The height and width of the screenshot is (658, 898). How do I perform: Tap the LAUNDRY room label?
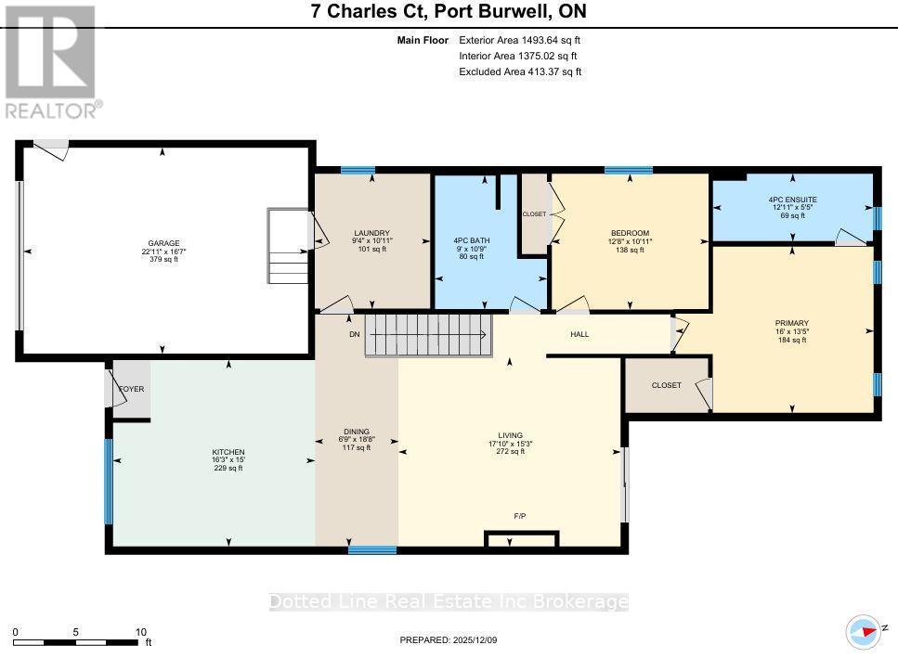[x=371, y=233]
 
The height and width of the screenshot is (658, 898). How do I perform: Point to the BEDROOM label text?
[x=630, y=233]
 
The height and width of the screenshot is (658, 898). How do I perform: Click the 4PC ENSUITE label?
[x=791, y=200]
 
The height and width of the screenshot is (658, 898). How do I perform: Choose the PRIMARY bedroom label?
[x=791, y=323]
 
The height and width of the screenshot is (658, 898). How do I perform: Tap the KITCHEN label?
[x=229, y=452]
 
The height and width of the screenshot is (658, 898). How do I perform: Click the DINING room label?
[x=357, y=431]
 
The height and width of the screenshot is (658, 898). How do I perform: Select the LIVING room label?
[x=510, y=434]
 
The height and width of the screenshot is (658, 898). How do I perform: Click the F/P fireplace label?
[x=521, y=515]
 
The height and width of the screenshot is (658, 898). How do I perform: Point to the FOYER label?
[x=132, y=389]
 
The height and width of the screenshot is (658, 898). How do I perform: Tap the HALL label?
[x=579, y=334]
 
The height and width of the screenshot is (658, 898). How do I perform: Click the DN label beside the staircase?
[x=354, y=334]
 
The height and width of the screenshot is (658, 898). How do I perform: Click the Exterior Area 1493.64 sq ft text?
[x=520, y=40]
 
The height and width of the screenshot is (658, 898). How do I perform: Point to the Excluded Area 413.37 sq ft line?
[x=520, y=71]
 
